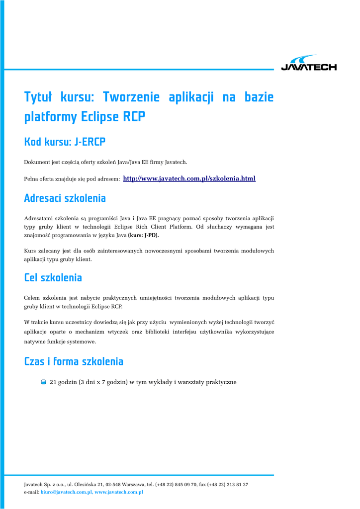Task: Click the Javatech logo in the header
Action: click(308, 63)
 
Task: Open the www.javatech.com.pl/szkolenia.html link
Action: click(189, 178)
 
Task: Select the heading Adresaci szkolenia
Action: click(65, 198)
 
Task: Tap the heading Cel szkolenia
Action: click(53, 277)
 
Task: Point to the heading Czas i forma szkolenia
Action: click(74, 361)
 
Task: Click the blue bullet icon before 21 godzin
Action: click(44, 382)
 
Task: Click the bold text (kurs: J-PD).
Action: click(144, 235)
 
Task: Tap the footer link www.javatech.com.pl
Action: click(119, 492)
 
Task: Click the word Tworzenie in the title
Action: click(131, 97)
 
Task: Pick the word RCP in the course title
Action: click(134, 117)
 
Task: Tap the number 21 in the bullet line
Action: click(54, 382)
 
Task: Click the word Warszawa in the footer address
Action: click(140, 484)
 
